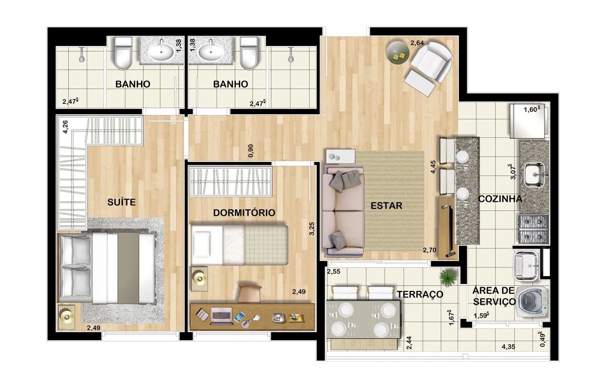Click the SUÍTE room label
[x=122, y=202]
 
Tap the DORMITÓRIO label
[x=244, y=213]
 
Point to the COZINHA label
[x=500, y=199]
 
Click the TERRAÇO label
[x=420, y=294]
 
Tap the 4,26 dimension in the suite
[x=65, y=127]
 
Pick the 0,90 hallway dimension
[x=251, y=151]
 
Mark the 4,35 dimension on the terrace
[x=508, y=347]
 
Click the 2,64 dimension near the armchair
[x=417, y=43]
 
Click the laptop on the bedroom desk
[x=221, y=316]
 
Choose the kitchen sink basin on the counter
[x=535, y=175]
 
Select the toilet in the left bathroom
[x=123, y=54]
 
